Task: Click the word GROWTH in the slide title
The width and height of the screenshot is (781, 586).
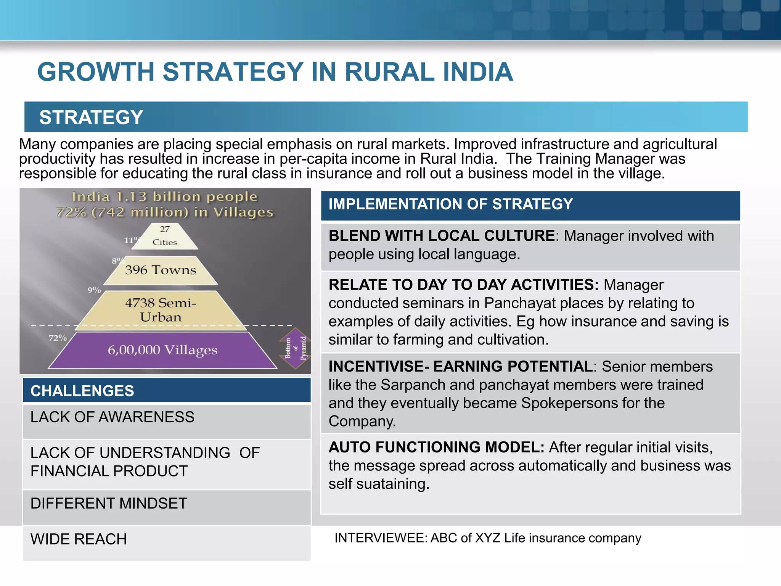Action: (95, 72)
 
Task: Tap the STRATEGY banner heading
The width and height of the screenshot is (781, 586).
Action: (91, 117)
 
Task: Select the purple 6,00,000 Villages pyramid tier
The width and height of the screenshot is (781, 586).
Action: (162, 350)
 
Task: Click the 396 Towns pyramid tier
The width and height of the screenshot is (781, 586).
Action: (161, 270)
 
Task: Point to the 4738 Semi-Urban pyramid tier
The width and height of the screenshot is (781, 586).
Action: (161, 310)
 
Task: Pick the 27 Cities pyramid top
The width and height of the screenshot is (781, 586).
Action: (165, 236)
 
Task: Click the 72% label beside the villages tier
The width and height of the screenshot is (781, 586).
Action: (58, 338)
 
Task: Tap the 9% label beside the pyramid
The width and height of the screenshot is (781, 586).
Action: (94, 290)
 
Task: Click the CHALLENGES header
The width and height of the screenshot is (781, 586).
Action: (82, 391)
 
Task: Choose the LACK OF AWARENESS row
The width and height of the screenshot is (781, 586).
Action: (112, 417)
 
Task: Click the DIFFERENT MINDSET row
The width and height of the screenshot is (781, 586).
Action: (109, 504)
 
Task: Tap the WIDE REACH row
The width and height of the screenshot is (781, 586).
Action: (79, 539)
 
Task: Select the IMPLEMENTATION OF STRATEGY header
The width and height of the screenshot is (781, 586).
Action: (451, 204)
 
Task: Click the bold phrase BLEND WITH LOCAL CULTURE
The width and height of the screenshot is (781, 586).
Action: (442, 236)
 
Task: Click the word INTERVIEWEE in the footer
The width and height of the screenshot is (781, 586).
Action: (381, 538)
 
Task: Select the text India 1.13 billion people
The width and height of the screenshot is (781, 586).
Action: (165, 197)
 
